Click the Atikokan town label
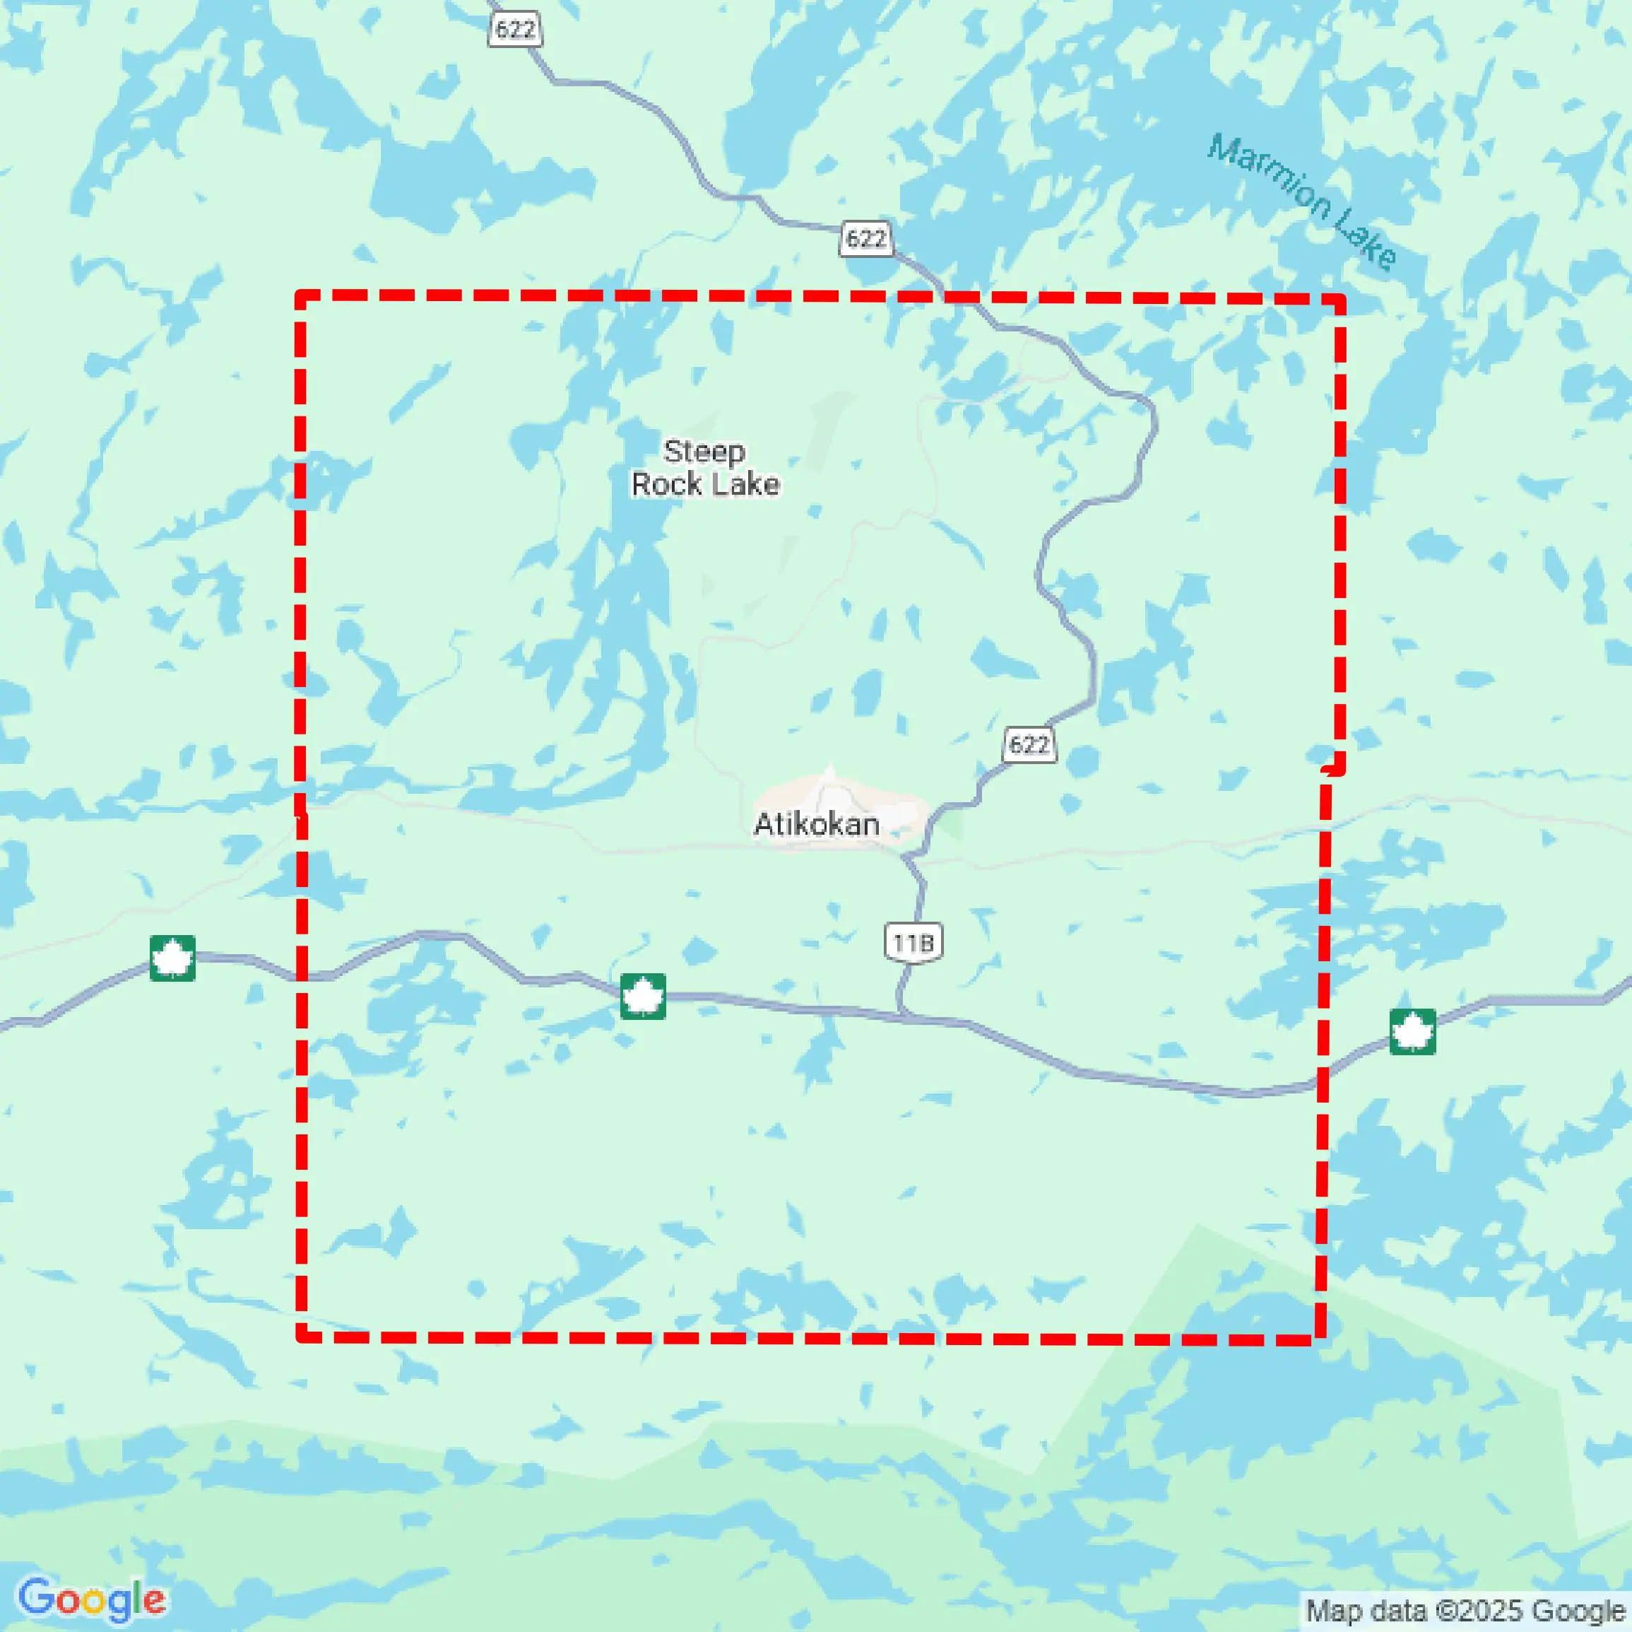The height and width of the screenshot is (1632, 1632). click(816, 824)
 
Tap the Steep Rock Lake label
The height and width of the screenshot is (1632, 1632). click(705, 467)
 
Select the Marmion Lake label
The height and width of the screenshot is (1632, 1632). click(1303, 202)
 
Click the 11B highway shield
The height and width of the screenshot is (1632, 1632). click(913, 941)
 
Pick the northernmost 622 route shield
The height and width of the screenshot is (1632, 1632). click(514, 30)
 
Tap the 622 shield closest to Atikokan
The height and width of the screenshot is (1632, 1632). click(1029, 744)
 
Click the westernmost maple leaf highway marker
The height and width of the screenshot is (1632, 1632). click(172, 958)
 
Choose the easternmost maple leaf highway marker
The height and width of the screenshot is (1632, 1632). click(1412, 1032)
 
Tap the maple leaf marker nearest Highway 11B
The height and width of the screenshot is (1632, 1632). click(643, 996)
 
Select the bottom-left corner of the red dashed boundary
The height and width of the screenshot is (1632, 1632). click(302, 1336)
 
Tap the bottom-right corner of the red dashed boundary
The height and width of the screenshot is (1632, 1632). click(1320, 1339)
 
